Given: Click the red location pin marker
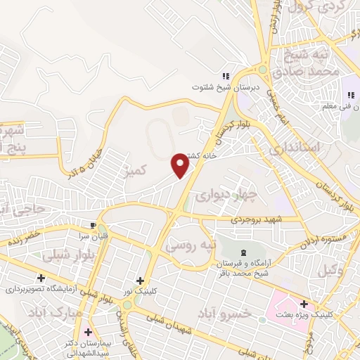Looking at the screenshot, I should pyautogui.click(x=180, y=165).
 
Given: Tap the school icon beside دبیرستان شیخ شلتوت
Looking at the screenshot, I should pyautogui.click(x=225, y=77).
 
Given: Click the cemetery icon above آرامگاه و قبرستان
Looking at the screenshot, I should pyautogui.click(x=244, y=252).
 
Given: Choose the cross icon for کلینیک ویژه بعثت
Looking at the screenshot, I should pyautogui.click(x=304, y=304).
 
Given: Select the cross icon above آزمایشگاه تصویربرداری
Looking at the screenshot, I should pyautogui.click(x=41, y=278).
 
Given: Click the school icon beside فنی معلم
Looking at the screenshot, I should pyautogui.click(x=348, y=96).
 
